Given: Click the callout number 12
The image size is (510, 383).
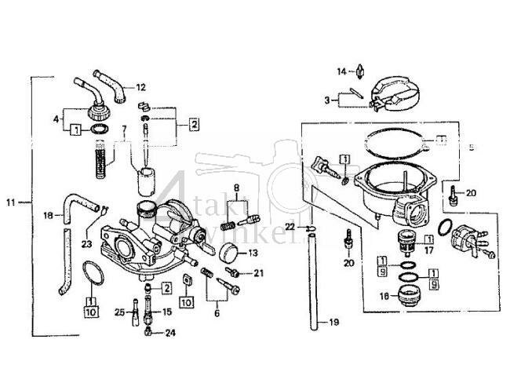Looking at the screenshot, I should [140, 87].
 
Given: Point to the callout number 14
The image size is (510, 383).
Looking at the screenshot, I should [341, 71].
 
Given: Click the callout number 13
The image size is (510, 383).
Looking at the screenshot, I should [253, 254].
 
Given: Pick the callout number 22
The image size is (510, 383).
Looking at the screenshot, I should [290, 227].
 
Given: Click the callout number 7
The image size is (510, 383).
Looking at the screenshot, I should [123, 128].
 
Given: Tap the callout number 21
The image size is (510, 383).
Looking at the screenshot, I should [259, 272].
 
